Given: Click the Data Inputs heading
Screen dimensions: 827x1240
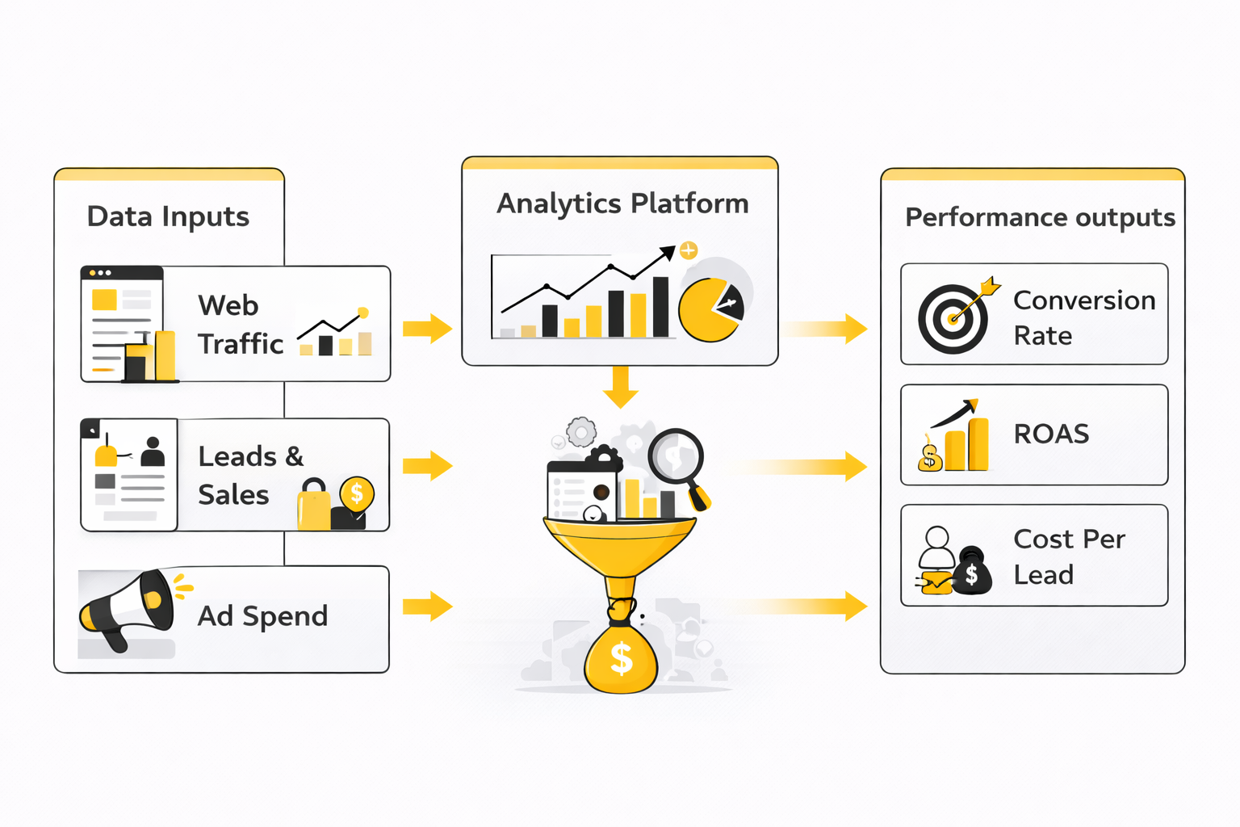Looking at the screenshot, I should [168, 216].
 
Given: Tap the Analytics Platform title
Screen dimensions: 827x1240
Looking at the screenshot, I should [622, 204].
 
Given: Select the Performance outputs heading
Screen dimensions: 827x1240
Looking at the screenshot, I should [1040, 217].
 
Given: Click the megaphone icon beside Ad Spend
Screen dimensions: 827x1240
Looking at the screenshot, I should [128, 607].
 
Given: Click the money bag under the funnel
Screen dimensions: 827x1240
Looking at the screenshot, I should [621, 656].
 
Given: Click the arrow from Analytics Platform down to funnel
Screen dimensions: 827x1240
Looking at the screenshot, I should [621, 387].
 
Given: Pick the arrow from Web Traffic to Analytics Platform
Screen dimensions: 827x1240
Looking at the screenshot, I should [427, 328].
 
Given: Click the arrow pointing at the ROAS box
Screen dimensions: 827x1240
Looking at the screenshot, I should [815, 466].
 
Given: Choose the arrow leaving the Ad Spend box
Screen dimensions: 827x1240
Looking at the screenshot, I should [427, 606].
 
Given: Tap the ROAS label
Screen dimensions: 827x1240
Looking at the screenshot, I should [1051, 434].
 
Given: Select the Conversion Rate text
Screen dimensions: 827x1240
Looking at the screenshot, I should [1083, 317].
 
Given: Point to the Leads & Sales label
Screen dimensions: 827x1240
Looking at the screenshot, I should [250, 475].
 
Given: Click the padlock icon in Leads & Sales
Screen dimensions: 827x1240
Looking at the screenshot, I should [314, 505].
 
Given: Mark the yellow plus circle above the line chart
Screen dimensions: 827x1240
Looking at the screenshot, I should [689, 250].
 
